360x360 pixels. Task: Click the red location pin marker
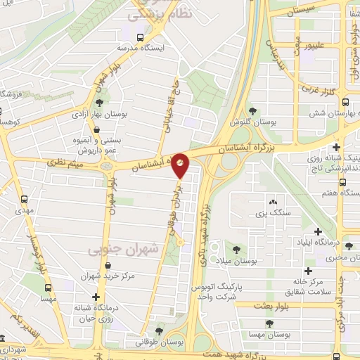pyautogui.click(x=181, y=165)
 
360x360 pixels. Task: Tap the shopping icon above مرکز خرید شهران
pyautogui.click(x=108, y=266)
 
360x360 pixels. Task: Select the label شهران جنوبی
pyautogui.click(x=116, y=250)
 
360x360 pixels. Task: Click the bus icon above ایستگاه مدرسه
pyautogui.click(x=141, y=36)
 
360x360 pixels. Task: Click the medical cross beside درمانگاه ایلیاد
pyautogui.click(x=318, y=231)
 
